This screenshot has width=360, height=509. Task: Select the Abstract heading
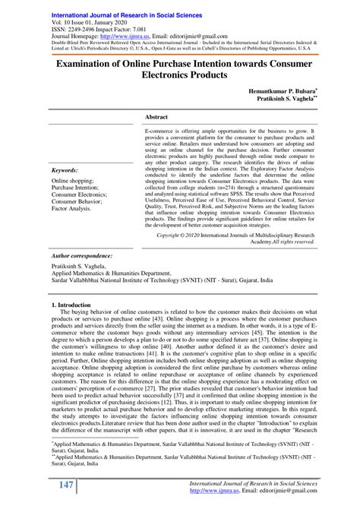(x=156, y=118)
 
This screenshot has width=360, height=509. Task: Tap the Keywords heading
(x=67, y=171)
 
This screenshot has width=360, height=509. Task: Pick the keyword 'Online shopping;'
(x=74, y=182)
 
